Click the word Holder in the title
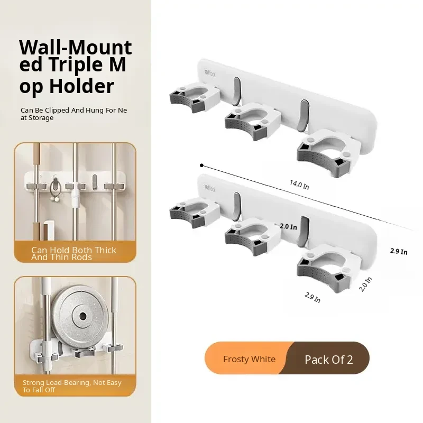coord(82,86)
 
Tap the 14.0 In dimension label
coord(299,185)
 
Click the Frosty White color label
coord(249,359)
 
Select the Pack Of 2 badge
coord(328,360)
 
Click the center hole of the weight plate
coord(83,316)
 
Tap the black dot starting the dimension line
coord(201,165)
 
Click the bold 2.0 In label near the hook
coord(288,227)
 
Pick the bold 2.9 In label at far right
coord(399,252)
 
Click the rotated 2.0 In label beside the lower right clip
coord(365,284)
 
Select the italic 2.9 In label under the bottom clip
coord(312,298)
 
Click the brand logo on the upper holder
coord(210,73)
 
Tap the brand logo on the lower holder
coord(210,188)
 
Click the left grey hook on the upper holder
coord(236,91)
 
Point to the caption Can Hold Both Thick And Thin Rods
coord(73,254)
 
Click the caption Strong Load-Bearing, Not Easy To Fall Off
coord(72,386)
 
